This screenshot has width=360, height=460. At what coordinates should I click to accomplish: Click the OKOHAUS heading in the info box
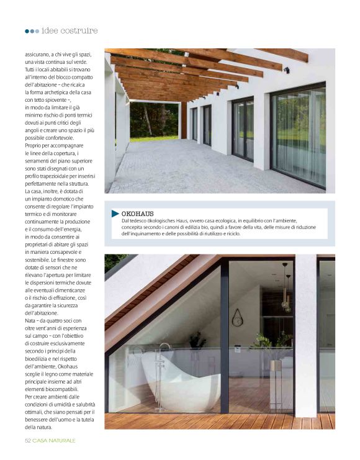click(137, 213)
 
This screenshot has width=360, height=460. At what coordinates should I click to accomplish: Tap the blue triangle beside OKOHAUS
click(115, 214)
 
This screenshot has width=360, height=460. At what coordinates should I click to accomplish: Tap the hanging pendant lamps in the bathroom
click(286, 297)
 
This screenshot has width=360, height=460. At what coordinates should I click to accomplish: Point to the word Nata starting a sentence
click(31, 321)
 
